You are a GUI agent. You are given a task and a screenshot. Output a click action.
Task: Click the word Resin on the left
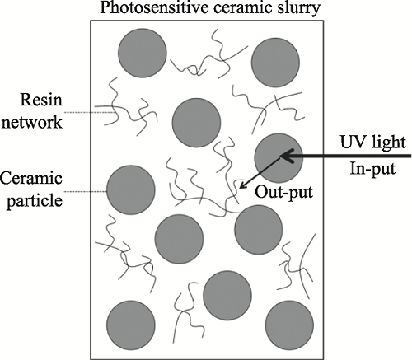coord(41,100)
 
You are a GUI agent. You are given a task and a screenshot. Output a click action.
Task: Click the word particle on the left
coord(35,201)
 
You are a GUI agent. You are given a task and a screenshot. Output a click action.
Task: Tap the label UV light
coord(373,143)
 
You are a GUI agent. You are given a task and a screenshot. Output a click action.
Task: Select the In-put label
coord(372,169)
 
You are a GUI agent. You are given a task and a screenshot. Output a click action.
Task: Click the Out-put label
coord(284,192)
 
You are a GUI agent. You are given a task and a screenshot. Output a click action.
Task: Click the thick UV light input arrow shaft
coord(346,156)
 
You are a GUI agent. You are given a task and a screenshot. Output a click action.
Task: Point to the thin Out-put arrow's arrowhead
coord(241,186)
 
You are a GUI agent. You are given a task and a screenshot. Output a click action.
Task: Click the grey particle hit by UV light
coord(279,158)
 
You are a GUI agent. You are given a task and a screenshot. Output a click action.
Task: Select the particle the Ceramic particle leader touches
coord(131,189)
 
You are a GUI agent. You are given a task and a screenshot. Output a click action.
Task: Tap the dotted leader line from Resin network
coord(89,112)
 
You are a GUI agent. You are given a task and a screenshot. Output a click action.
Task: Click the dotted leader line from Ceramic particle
coord(86,191)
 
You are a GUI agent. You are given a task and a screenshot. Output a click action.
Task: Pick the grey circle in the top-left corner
coord(143,53)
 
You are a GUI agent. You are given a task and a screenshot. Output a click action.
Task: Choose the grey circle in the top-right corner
coord(275,63)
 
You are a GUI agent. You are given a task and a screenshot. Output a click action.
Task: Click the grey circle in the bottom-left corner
coord(131,325)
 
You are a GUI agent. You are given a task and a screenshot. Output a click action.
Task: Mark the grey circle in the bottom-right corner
coord(289,325)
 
